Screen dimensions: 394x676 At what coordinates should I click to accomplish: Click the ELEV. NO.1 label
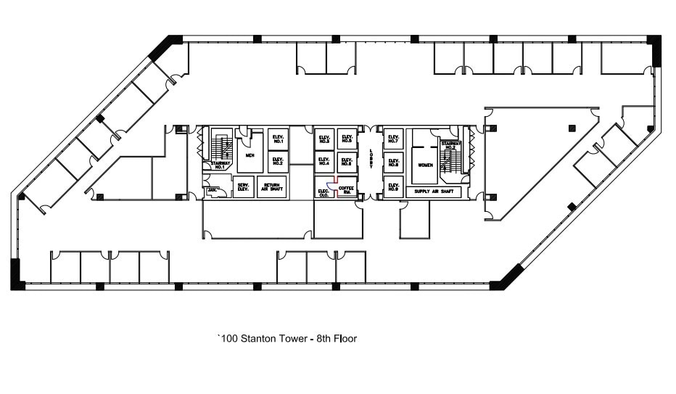point(277,139)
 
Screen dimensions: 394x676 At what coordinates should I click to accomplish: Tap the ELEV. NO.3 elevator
point(323,139)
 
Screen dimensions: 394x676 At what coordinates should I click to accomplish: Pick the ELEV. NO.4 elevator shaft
point(323,162)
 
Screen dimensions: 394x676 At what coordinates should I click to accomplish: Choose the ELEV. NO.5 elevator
point(347,139)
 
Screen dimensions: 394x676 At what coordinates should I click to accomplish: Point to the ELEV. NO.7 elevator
point(394,139)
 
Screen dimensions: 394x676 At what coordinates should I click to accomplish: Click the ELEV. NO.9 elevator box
point(394,188)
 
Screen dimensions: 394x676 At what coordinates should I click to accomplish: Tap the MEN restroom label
point(250,156)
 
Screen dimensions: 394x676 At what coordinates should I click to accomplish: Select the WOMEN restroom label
point(424,165)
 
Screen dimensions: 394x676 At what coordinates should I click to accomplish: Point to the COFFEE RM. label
point(347,190)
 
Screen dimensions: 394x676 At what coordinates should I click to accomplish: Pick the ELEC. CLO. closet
point(323,192)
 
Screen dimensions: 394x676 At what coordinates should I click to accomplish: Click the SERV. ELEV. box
point(243,186)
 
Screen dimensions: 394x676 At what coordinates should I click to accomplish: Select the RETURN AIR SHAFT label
point(271,186)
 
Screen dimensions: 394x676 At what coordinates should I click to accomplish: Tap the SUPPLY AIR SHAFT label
point(433,192)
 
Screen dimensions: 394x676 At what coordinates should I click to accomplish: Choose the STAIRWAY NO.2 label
point(450,145)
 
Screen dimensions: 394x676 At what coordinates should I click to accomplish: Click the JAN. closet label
point(212,190)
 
